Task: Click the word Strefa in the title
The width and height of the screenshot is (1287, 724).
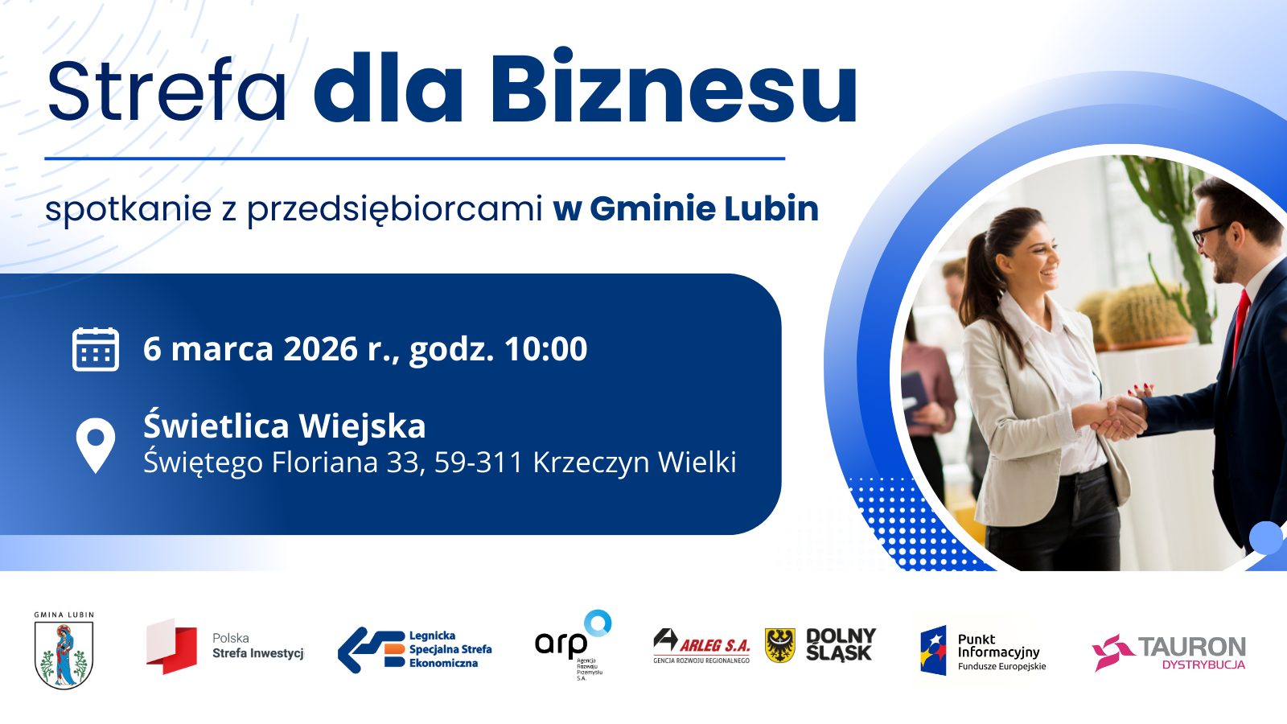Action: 167,90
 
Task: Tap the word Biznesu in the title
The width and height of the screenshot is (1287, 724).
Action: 673,88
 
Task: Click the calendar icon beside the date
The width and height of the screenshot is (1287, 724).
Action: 96,349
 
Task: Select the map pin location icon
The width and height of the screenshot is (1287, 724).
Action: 96,444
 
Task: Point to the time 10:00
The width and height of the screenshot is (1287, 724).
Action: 545,349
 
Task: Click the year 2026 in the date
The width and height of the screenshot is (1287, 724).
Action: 320,349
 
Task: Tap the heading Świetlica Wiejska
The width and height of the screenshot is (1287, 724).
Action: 284,426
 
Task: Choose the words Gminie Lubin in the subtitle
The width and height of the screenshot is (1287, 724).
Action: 704,208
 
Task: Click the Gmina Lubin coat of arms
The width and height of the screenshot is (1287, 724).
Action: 64,653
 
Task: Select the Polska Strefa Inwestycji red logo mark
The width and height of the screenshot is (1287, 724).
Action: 171,646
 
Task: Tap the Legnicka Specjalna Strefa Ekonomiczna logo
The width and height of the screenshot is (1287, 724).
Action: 415,649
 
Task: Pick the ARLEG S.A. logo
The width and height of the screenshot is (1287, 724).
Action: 701,646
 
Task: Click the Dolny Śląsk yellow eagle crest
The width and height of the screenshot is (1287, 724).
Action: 779,645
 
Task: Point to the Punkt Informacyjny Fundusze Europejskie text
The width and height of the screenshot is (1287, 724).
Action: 1001,652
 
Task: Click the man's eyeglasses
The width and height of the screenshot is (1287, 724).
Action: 1209,232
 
